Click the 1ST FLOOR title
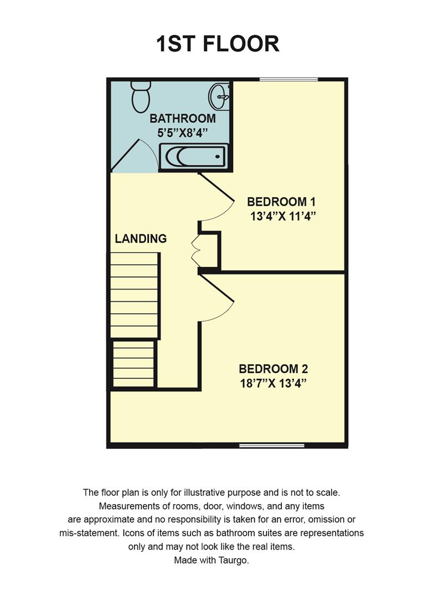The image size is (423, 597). tap(217, 44)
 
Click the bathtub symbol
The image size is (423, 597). tap(193, 156)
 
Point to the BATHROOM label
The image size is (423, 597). tap(182, 118)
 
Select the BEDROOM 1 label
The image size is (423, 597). tap(284, 202)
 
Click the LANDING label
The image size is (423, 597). tap(141, 239)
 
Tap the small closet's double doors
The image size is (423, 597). tap(195, 252)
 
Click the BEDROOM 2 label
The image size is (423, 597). tap(273, 369)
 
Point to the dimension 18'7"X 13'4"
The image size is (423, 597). tap(273, 383)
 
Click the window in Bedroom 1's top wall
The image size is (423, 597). tap(288, 80)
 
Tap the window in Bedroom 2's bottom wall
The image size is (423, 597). tap(271, 445)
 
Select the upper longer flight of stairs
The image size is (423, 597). tap(135, 295)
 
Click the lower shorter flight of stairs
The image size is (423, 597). tap(133, 364)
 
